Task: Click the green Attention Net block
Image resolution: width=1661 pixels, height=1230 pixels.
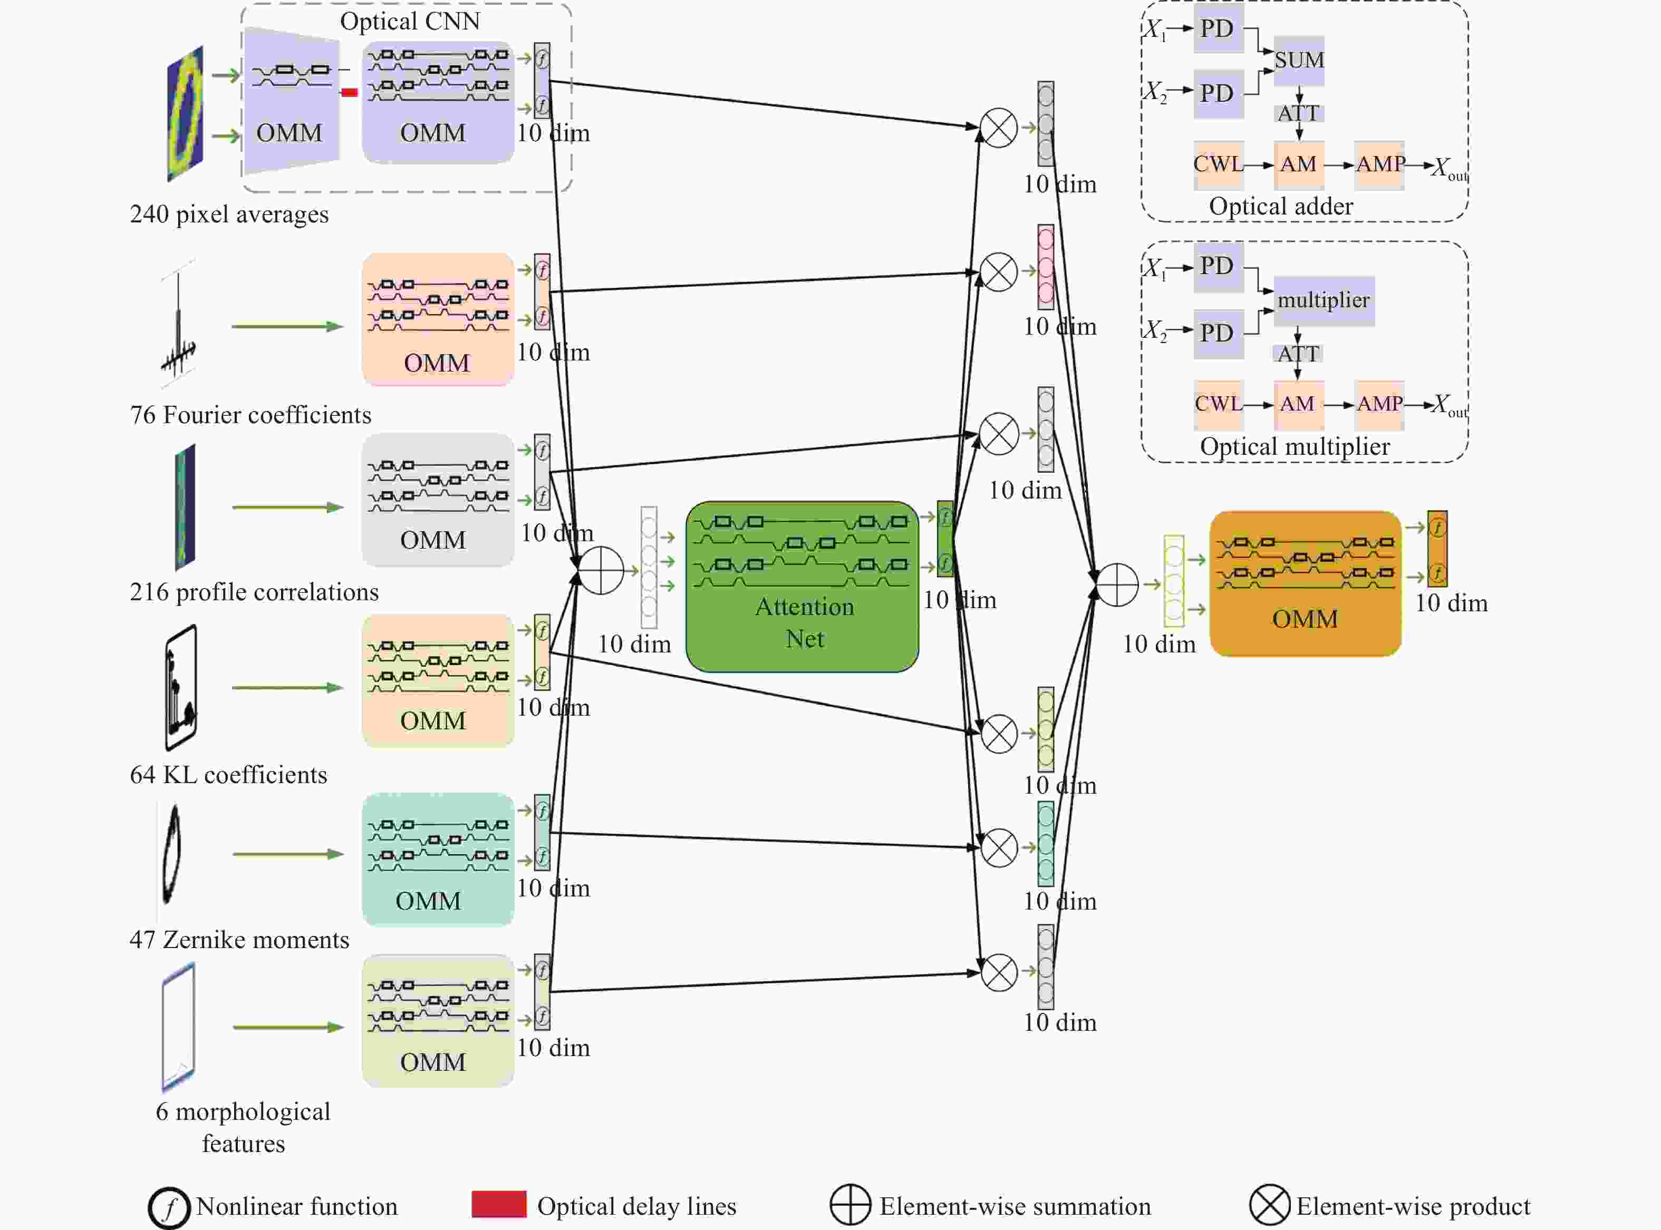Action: (802, 587)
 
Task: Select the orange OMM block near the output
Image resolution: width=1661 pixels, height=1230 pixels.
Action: (1305, 584)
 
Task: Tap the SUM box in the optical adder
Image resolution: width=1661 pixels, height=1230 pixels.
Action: (1299, 60)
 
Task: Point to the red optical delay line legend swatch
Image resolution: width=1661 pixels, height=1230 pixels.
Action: (499, 1204)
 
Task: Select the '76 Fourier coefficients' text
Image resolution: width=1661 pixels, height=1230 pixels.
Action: (250, 415)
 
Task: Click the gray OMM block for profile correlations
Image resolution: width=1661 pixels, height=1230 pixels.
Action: (438, 500)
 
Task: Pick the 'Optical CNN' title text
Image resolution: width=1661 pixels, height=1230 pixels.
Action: (410, 22)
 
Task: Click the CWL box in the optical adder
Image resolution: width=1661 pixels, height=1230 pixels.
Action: (1219, 164)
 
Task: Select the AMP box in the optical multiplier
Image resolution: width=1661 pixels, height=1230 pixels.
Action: (1379, 404)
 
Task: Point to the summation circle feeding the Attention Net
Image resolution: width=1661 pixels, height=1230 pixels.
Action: (601, 570)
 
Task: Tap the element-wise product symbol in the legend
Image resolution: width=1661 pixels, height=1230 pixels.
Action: (1269, 1205)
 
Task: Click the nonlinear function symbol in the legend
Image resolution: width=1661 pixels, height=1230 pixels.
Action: (169, 1207)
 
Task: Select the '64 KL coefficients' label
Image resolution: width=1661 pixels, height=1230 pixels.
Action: (229, 775)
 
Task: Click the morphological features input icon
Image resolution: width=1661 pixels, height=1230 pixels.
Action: (179, 1028)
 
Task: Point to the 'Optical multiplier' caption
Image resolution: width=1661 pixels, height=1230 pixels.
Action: (1295, 447)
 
